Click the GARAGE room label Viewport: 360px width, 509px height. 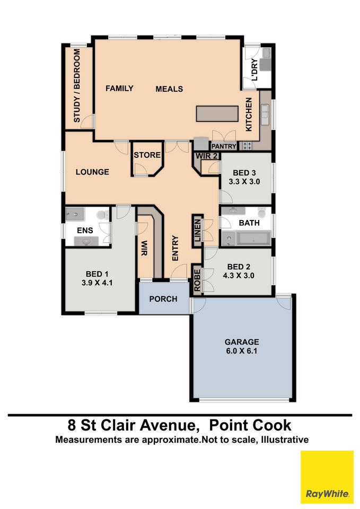[x=242, y=342]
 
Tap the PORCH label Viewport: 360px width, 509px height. [x=163, y=299]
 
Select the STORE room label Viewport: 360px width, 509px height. [x=147, y=155]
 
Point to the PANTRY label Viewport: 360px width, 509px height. [x=224, y=146]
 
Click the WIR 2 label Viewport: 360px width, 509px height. [x=206, y=156]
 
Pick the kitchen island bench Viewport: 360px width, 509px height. [x=217, y=113]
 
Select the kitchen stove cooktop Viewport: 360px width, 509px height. [x=247, y=146]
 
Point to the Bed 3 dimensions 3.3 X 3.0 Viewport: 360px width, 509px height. [x=244, y=181]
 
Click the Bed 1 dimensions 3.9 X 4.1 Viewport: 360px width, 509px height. [x=97, y=283]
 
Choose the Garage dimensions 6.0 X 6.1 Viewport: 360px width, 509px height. [x=242, y=351]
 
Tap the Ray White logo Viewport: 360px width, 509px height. [x=327, y=477]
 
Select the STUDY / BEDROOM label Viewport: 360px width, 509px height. [x=76, y=86]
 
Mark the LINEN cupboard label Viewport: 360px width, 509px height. [x=197, y=231]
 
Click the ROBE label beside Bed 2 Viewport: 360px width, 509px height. [x=197, y=280]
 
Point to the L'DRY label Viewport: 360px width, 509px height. [x=254, y=69]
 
